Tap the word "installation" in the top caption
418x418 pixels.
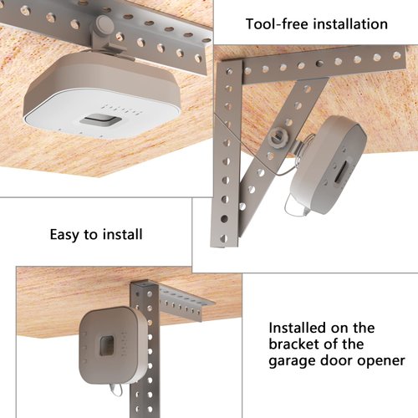click(349, 23)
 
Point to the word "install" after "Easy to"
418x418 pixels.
click(123, 234)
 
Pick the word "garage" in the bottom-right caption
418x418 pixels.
click(293, 361)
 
